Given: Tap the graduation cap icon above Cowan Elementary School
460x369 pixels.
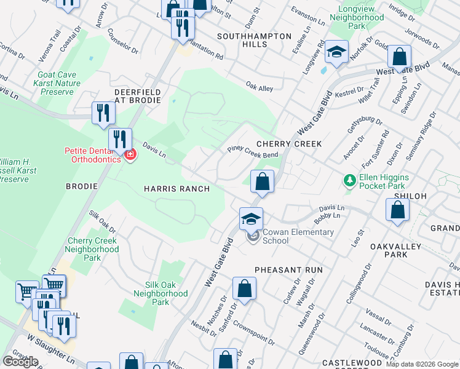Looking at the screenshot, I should tap(251, 219).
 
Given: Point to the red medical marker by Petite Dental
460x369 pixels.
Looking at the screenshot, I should tap(130, 154).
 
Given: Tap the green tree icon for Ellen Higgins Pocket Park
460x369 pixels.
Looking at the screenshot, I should tap(349, 180).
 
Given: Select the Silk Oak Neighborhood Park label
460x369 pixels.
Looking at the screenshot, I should tap(161, 293).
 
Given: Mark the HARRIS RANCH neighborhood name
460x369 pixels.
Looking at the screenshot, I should tap(176, 189).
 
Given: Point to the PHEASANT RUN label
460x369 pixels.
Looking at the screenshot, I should tap(288, 270).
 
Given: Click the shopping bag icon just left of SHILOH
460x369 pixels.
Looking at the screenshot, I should tap(397, 210).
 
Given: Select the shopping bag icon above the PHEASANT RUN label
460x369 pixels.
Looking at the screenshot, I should tap(244, 288).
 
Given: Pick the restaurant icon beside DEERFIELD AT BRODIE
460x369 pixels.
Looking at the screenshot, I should tap(103, 113).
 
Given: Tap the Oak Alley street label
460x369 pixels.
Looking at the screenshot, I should tap(259, 88).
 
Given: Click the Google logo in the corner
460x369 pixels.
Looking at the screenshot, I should tap(20, 362).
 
